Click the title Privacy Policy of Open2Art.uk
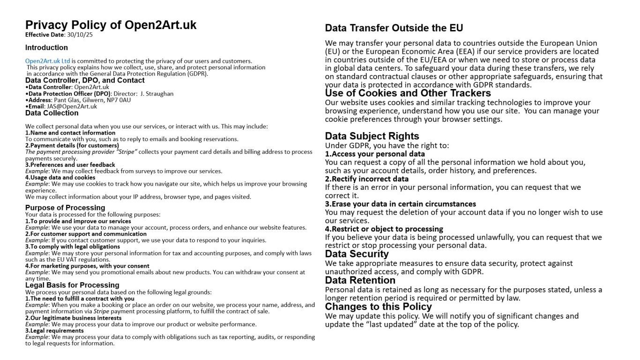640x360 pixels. coord(111,25)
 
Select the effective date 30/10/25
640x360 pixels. coord(80,35)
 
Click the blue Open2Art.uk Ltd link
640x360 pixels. coord(47,61)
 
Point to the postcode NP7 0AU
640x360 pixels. coord(119,100)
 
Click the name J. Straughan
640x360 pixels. coord(157,94)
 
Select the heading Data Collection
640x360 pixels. coord(52,113)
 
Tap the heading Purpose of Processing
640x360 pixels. coord(65,208)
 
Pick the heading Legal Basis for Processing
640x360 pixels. coord(72,285)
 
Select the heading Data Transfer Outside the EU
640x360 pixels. coord(394,28)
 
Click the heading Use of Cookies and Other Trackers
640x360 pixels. coord(408,93)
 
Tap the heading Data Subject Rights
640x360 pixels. coord(372,136)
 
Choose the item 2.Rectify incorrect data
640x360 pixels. coord(366,179)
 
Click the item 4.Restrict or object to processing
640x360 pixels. coord(384,229)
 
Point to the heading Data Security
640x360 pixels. coord(357,254)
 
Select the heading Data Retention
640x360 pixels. coord(360,280)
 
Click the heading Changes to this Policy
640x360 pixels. coord(378,307)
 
